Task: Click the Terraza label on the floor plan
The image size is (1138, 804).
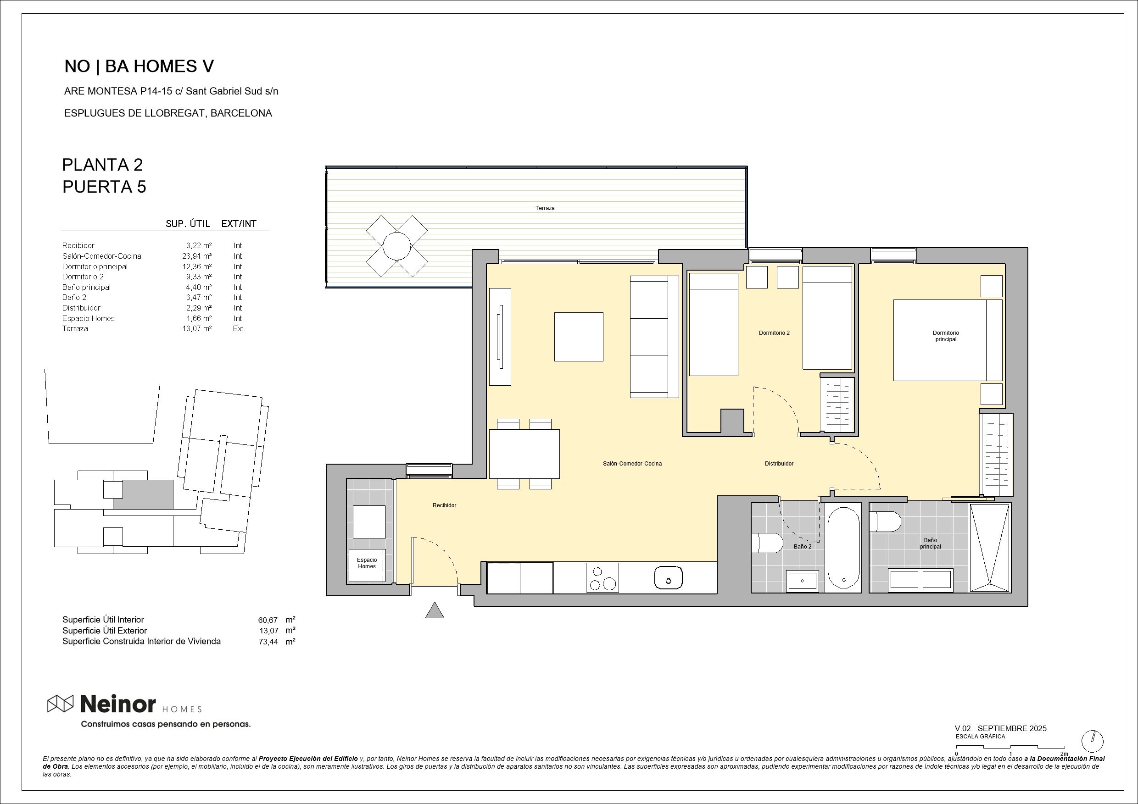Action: tap(545, 208)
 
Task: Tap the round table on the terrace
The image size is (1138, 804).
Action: tap(396, 246)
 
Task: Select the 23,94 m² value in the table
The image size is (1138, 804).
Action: tap(197, 256)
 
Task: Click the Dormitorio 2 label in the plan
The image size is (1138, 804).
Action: tap(774, 333)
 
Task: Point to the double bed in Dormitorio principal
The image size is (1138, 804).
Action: tap(947, 340)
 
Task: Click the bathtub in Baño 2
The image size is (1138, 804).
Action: tap(844, 548)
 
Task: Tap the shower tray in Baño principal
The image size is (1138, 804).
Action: tap(989, 548)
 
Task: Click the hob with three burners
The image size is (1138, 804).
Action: tap(602, 577)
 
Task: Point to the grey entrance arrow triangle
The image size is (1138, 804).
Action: tap(434, 611)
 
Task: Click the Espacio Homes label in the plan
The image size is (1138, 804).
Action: tap(367, 563)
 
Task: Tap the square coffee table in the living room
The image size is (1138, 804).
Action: tap(579, 337)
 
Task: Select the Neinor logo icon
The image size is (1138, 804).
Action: tap(60, 704)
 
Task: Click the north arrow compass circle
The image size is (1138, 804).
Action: tap(1093, 742)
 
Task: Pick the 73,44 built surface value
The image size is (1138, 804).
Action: tap(268, 642)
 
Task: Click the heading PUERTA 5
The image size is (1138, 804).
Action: tap(104, 187)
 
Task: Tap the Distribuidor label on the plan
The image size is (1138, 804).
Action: tap(779, 464)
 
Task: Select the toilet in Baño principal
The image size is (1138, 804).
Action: tap(885, 522)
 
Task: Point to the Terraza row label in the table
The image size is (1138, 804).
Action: tap(75, 328)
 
